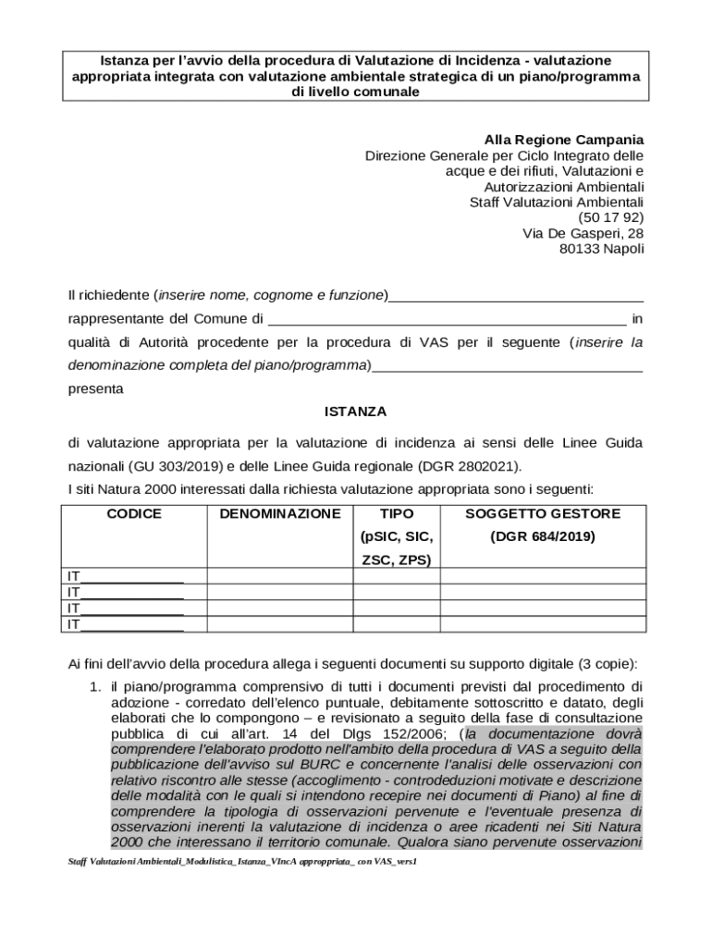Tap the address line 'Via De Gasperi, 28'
click(x=583, y=233)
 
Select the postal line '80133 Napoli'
click(x=602, y=249)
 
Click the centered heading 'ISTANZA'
click(x=355, y=411)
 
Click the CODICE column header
click(x=134, y=513)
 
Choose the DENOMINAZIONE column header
click(x=280, y=513)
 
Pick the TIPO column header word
click(x=397, y=513)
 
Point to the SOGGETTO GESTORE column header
click(x=543, y=513)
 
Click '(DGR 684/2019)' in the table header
click(x=543, y=536)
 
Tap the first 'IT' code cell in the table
click(x=125, y=576)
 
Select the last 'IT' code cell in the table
click(x=125, y=624)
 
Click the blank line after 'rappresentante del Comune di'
click(x=448, y=320)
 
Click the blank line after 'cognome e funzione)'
click(x=516, y=296)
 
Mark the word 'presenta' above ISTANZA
click(x=95, y=389)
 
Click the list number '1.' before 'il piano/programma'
click(x=95, y=687)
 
